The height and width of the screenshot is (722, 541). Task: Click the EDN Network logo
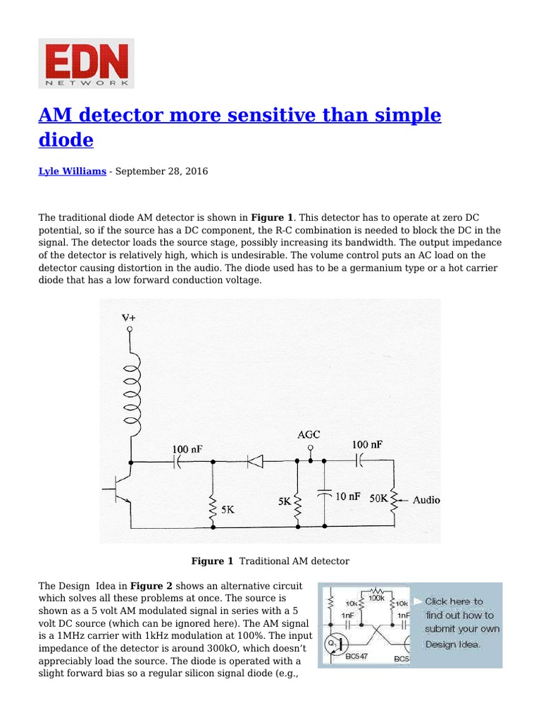coord(86,63)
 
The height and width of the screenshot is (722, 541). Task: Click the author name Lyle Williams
coord(73,171)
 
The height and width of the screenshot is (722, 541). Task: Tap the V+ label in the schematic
coord(129,318)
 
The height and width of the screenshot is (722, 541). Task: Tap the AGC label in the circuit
coord(310,434)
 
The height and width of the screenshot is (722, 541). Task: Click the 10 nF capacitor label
coord(347,496)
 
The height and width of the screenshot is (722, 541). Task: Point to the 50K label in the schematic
coord(379,498)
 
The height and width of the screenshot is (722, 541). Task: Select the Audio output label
coord(426,500)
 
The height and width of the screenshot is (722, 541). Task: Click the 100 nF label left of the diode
coord(188,448)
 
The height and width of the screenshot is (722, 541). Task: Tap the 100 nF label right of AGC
coord(367,444)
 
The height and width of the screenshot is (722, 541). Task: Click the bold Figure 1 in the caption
coord(212,561)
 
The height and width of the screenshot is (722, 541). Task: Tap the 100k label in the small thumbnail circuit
coord(376,598)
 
